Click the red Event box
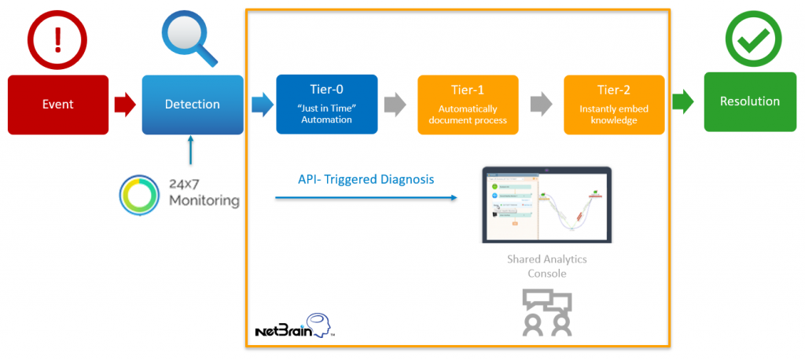(x=58, y=105)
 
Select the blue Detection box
(x=192, y=105)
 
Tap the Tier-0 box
(x=327, y=105)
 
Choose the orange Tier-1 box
(x=468, y=105)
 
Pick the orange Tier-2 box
(x=614, y=105)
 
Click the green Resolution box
(x=749, y=101)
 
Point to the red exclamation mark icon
(x=57, y=37)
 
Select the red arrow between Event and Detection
(x=125, y=104)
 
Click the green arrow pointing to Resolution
(x=682, y=101)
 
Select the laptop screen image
(x=546, y=204)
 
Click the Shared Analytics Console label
(x=546, y=266)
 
